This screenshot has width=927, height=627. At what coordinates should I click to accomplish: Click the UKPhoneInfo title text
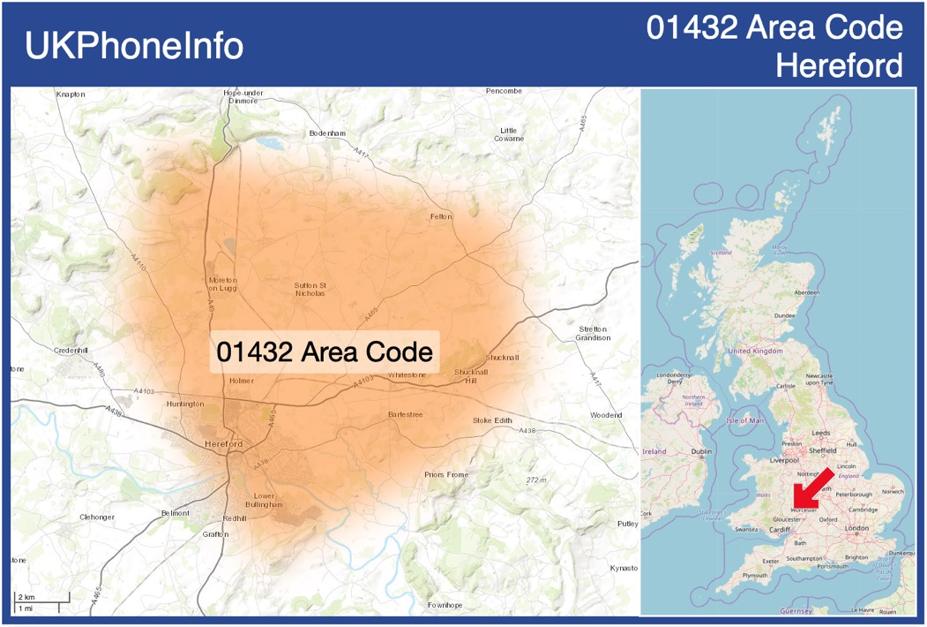coord(134,46)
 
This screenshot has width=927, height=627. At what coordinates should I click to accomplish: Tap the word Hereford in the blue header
coord(840,65)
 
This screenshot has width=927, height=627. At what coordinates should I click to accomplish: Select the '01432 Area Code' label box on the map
coord(325,352)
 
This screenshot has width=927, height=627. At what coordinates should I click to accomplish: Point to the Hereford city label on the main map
coord(222,443)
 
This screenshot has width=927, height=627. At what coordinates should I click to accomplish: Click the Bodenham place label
coord(328,133)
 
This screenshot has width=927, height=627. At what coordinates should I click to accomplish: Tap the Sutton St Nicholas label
coord(310,289)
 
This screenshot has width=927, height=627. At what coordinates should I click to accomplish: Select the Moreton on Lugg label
coord(222,283)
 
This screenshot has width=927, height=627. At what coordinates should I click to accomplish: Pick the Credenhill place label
coord(71,350)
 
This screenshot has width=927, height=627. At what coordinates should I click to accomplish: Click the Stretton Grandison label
coord(593,333)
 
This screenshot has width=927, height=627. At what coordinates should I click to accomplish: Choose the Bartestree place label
coord(405,414)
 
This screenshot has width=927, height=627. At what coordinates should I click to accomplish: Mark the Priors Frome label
coord(445,474)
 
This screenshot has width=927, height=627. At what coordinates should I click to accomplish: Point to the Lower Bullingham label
coord(265,500)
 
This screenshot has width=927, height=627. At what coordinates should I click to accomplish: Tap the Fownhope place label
coord(445,605)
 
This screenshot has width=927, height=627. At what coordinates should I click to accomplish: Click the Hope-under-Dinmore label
coord(243,96)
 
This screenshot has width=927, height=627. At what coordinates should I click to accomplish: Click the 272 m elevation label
coord(536,480)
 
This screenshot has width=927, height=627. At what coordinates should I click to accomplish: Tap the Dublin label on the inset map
coord(701,451)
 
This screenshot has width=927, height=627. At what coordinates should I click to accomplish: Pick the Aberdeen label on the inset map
coord(806,292)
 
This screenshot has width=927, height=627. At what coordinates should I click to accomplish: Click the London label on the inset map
coord(856,528)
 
